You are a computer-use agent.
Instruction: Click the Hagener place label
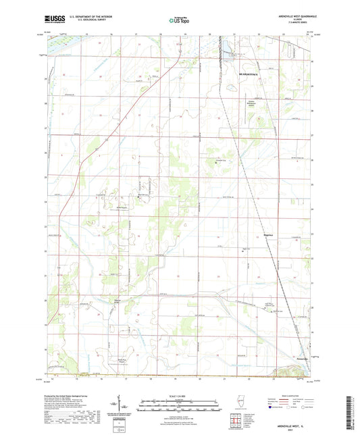click(267, 236)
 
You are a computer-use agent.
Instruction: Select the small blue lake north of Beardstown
click(232, 49)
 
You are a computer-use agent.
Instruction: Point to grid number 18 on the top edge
click(160, 32)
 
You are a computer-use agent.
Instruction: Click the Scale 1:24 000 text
click(179, 396)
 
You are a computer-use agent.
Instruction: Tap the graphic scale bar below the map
click(179, 403)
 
